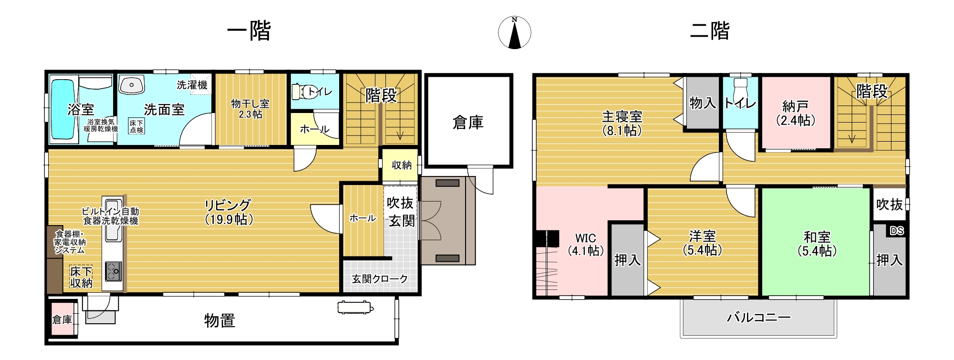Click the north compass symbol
tap(514, 32)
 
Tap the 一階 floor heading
tap(249, 31)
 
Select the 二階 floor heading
tap(710, 31)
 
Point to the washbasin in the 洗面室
tap(132, 85)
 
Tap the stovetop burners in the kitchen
tap(114, 271)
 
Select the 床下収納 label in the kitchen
tap(81, 277)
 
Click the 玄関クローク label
tap(380, 279)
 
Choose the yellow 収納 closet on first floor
tap(401, 165)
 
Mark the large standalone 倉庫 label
tap(468, 123)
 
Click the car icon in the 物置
tap(355, 308)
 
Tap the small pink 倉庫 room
tap(62, 319)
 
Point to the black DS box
tap(897, 231)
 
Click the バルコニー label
tap(758, 317)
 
